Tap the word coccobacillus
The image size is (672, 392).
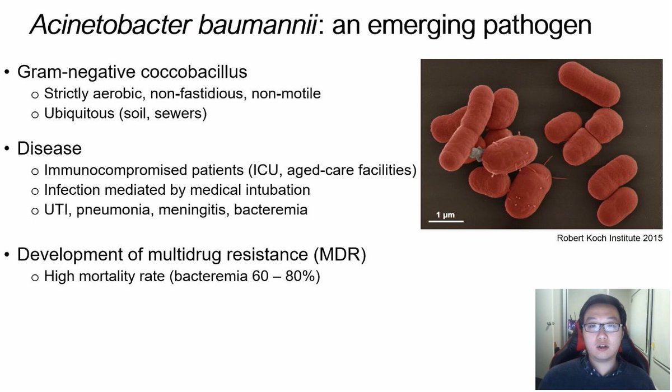(193, 72)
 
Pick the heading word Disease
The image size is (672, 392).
(49, 148)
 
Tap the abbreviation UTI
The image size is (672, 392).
(57, 211)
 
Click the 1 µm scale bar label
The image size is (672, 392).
(446, 214)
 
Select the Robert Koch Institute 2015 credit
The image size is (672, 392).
(609, 238)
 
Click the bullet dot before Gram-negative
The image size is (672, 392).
(7, 73)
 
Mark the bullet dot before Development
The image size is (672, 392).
(7, 255)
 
